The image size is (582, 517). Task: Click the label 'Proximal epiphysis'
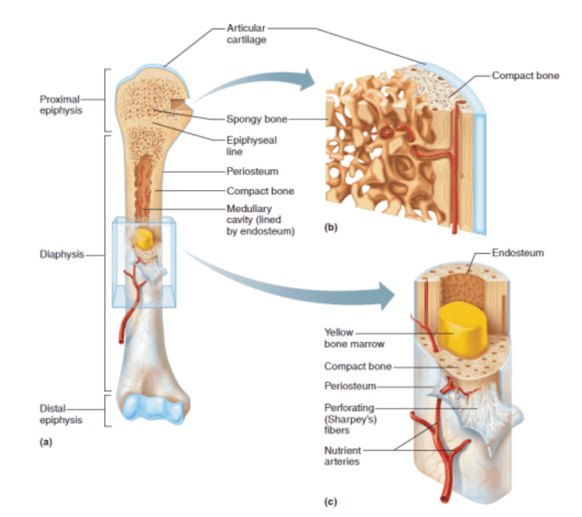pyautogui.click(x=60, y=105)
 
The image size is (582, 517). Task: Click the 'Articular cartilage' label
pyautogui.click(x=246, y=34)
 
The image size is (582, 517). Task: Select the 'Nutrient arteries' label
pyautogui.click(x=342, y=455)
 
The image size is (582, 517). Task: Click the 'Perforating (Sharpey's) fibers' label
pyautogui.click(x=350, y=418)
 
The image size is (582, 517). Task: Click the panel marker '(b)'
pyautogui.click(x=330, y=227)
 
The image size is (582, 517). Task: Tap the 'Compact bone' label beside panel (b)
pyautogui.click(x=525, y=75)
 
